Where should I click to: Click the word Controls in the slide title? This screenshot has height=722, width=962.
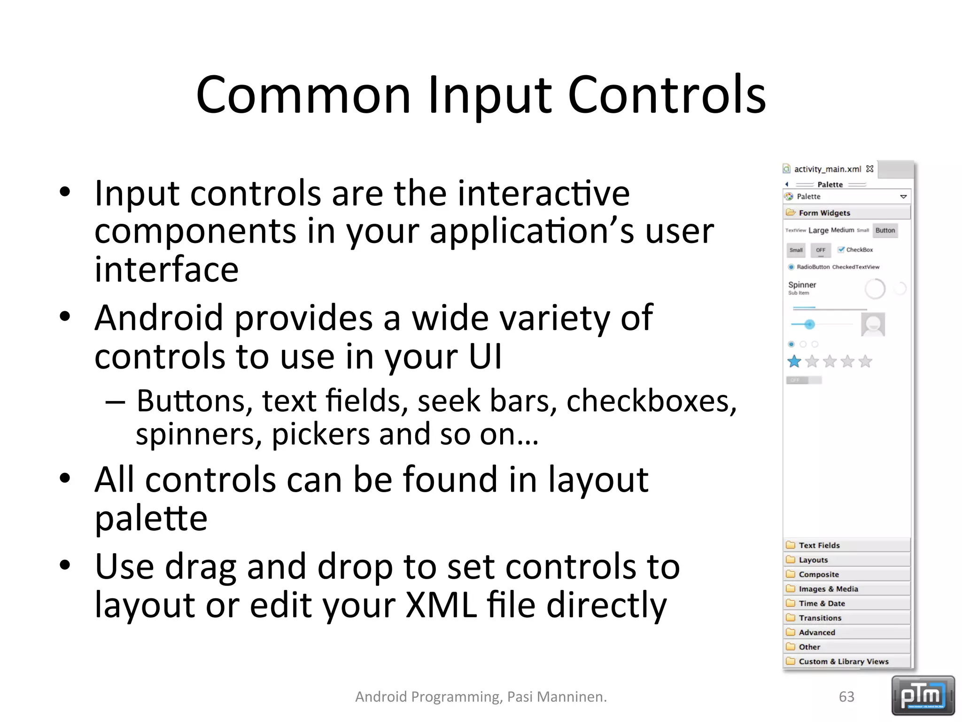pyautogui.click(x=667, y=95)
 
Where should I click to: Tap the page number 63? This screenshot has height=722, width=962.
pyautogui.click(x=846, y=697)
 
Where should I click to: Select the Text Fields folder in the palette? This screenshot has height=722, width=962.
pyautogui.click(x=819, y=545)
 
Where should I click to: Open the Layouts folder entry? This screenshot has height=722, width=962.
pyautogui.click(x=813, y=560)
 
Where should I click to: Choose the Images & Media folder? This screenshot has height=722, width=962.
pyautogui.click(x=828, y=589)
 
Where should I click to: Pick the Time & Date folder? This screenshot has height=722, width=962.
pyautogui.click(x=822, y=604)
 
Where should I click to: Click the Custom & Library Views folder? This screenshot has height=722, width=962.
pyautogui.click(x=843, y=661)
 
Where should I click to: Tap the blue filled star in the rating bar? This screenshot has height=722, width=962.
pyautogui.click(x=794, y=361)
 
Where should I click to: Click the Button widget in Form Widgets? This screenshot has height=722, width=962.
pyautogui.click(x=885, y=230)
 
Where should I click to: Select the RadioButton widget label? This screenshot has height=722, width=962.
pyautogui.click(x=813, y=267)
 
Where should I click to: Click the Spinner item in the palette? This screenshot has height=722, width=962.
pyautogui.click(x=802, y=285)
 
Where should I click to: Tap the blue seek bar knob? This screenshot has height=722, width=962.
pyautogui.click(x=809, y=324)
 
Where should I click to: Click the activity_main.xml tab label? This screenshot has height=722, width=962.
pyautogui.click(x=827, y=169)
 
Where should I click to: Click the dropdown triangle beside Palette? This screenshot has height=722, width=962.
pyautogui.click(x=903, y=196)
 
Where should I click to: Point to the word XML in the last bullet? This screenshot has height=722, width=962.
pyautogui.click(x=441, y=605)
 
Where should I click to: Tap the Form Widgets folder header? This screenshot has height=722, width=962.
pyautogui.click(x=824, y=213)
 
